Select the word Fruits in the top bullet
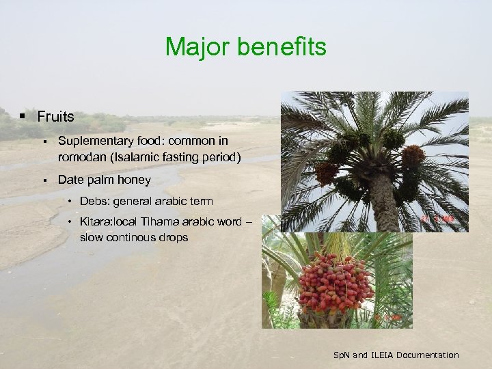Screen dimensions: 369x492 [x=55, y=116]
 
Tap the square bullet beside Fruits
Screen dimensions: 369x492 [x=23, y=116]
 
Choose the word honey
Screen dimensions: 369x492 [x=135, y=180]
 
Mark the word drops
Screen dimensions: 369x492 [x=176, y=238]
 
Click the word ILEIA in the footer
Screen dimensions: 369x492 [x=380, y=355]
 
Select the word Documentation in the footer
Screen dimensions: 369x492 [x=428, y=355]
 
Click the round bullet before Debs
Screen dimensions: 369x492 [x=71, y=202]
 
